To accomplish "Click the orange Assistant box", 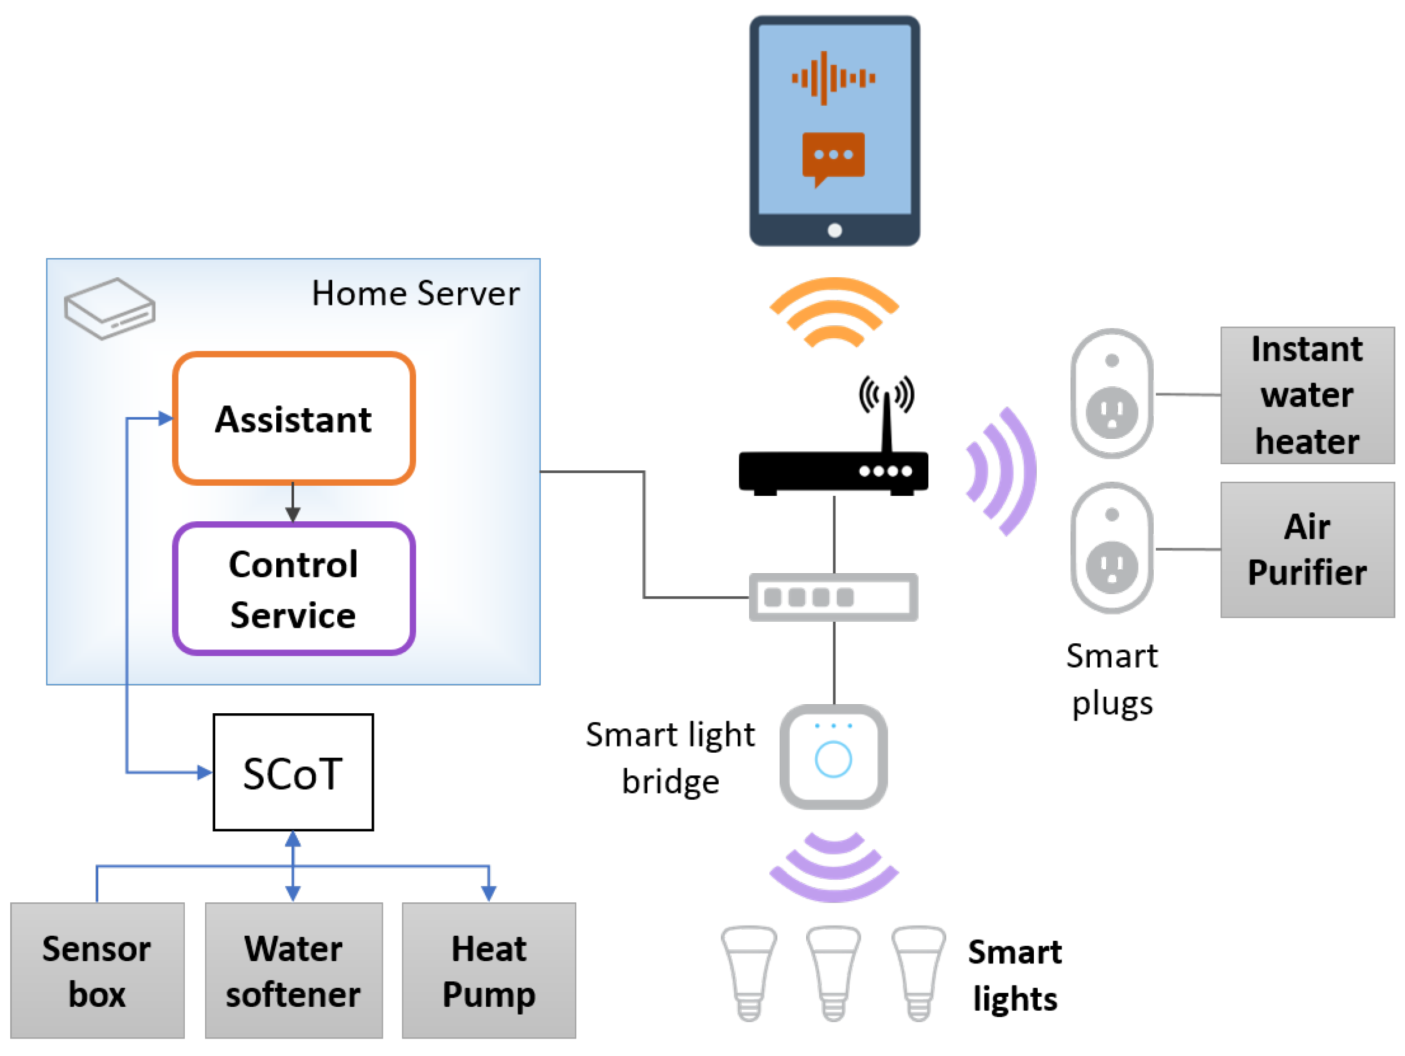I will pyautogui.click(x=293, y=418).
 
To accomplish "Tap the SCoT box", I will pyautogui.click(x=293, y=772).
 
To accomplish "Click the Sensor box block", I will pyautogui.click(x=97, y=970).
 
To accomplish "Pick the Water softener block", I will pyautogui.click(x=293, y=970).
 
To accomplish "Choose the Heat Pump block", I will pyautogui.click(x=489, y=970).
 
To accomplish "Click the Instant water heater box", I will pyautogui.click(x=1307, y=395).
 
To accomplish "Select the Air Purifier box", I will pyautogui.click(x=1307, y=549).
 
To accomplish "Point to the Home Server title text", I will pyautogui.click(x=415, y=294).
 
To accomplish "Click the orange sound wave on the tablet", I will pyautogui.click(x=833, y=78).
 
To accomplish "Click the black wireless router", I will pyautogui.click(x=833, y=470).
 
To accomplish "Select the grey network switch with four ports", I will pyautogui.click(x=833, y=597).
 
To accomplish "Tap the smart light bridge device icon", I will pyautogui.click(x=833, y=756).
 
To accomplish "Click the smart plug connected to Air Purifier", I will pyautogui.click(x=1112, y=547).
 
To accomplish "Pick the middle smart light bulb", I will pyautogui.click(x=833, y=971).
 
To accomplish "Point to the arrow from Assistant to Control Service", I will pyautogui.click(x=293, y=502).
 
